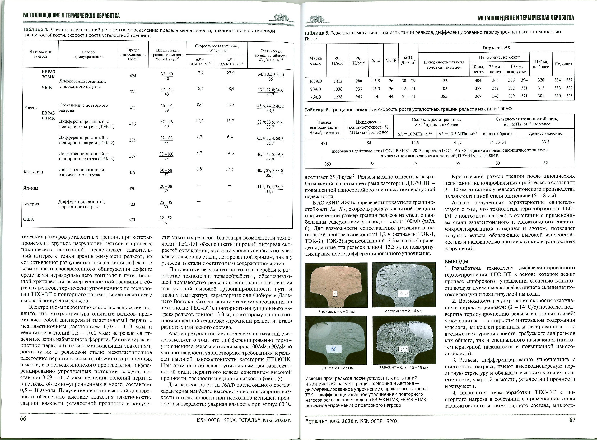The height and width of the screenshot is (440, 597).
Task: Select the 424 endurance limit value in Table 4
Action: (x=133, y=76)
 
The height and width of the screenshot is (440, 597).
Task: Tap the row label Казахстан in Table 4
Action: (x=33, y=172)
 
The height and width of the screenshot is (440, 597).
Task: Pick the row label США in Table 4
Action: (x=29, y=219)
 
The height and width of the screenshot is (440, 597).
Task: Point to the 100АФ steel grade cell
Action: (x=315, y=81)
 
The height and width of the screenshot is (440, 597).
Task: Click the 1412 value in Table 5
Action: (x=338, y=81)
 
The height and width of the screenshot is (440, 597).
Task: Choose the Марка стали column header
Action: (x=315, y=61)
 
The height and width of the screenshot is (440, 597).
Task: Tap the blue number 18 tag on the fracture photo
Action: (x=333, y=349)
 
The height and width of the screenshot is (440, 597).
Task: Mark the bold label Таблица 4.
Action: (x=35, y=31)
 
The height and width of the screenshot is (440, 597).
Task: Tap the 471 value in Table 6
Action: (x=324, y=143)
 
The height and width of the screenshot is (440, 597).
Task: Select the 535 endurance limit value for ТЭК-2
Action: (x=132, y=140)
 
